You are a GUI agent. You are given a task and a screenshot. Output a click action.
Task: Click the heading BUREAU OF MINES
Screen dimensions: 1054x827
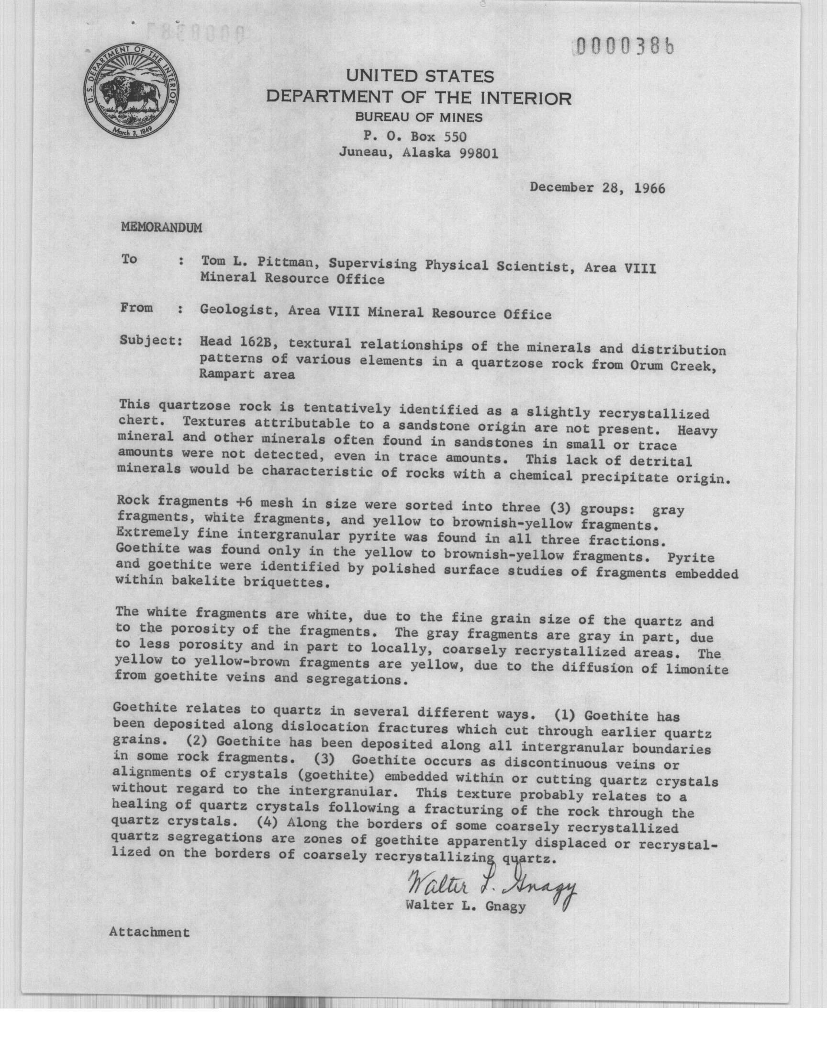pos(419,117)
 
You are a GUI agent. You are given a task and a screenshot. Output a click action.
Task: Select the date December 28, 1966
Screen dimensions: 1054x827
pos(597,188)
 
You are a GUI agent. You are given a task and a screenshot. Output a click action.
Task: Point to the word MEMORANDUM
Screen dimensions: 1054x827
pos(161,227)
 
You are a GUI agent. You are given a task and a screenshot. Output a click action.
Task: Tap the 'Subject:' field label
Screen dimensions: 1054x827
pos(151,341)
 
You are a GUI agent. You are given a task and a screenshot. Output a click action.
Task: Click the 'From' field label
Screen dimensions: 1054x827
pos(137,308)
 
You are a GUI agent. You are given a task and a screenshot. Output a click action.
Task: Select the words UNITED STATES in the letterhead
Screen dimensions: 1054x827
pos(419,77)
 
